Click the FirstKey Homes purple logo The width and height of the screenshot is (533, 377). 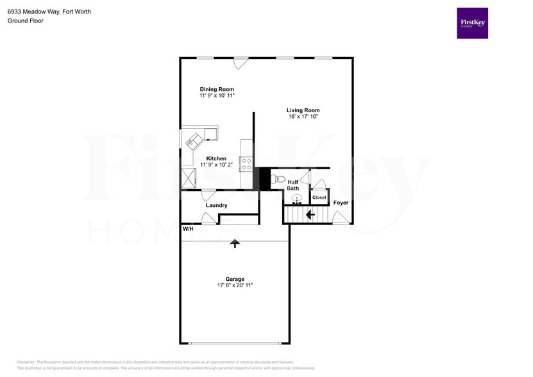pyautogui.click(x=472, y=23)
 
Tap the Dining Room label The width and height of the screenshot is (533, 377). pyautogui.click(x=217, y=89)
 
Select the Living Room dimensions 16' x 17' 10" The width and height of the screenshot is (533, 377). pyautogui.click(x=303, y=117)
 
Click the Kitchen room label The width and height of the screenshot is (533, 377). pyautogui.click(x=216, y=158)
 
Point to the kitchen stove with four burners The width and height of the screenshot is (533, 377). pyautogui.click(x=246, y=163)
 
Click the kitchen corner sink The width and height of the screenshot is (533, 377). pyautogui.click(x=194, y=139)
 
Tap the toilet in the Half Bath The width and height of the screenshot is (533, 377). pyautogui.click(x=276, y=180)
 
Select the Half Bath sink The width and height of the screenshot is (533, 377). pyautogui.click(x=296, y=199)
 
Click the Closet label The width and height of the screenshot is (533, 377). pyautogui.click(x=319, y=197)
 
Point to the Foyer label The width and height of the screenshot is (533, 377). pyautogui.click(x=341, y=203)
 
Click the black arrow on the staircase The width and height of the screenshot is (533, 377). pyautogui.click(x=309, y=215)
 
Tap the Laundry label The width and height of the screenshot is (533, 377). pyautogui.click(x=217, y=205)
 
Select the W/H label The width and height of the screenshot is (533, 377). pyautogui.click(x=188, y=229)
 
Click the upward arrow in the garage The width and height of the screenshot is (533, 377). pyautogui.click(x=235, y=244)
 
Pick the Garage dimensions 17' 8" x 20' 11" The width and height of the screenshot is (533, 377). pyautogui.click(x=235, y=285)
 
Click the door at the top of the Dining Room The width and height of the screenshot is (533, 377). pyautogui.click(x=241, y=63)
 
